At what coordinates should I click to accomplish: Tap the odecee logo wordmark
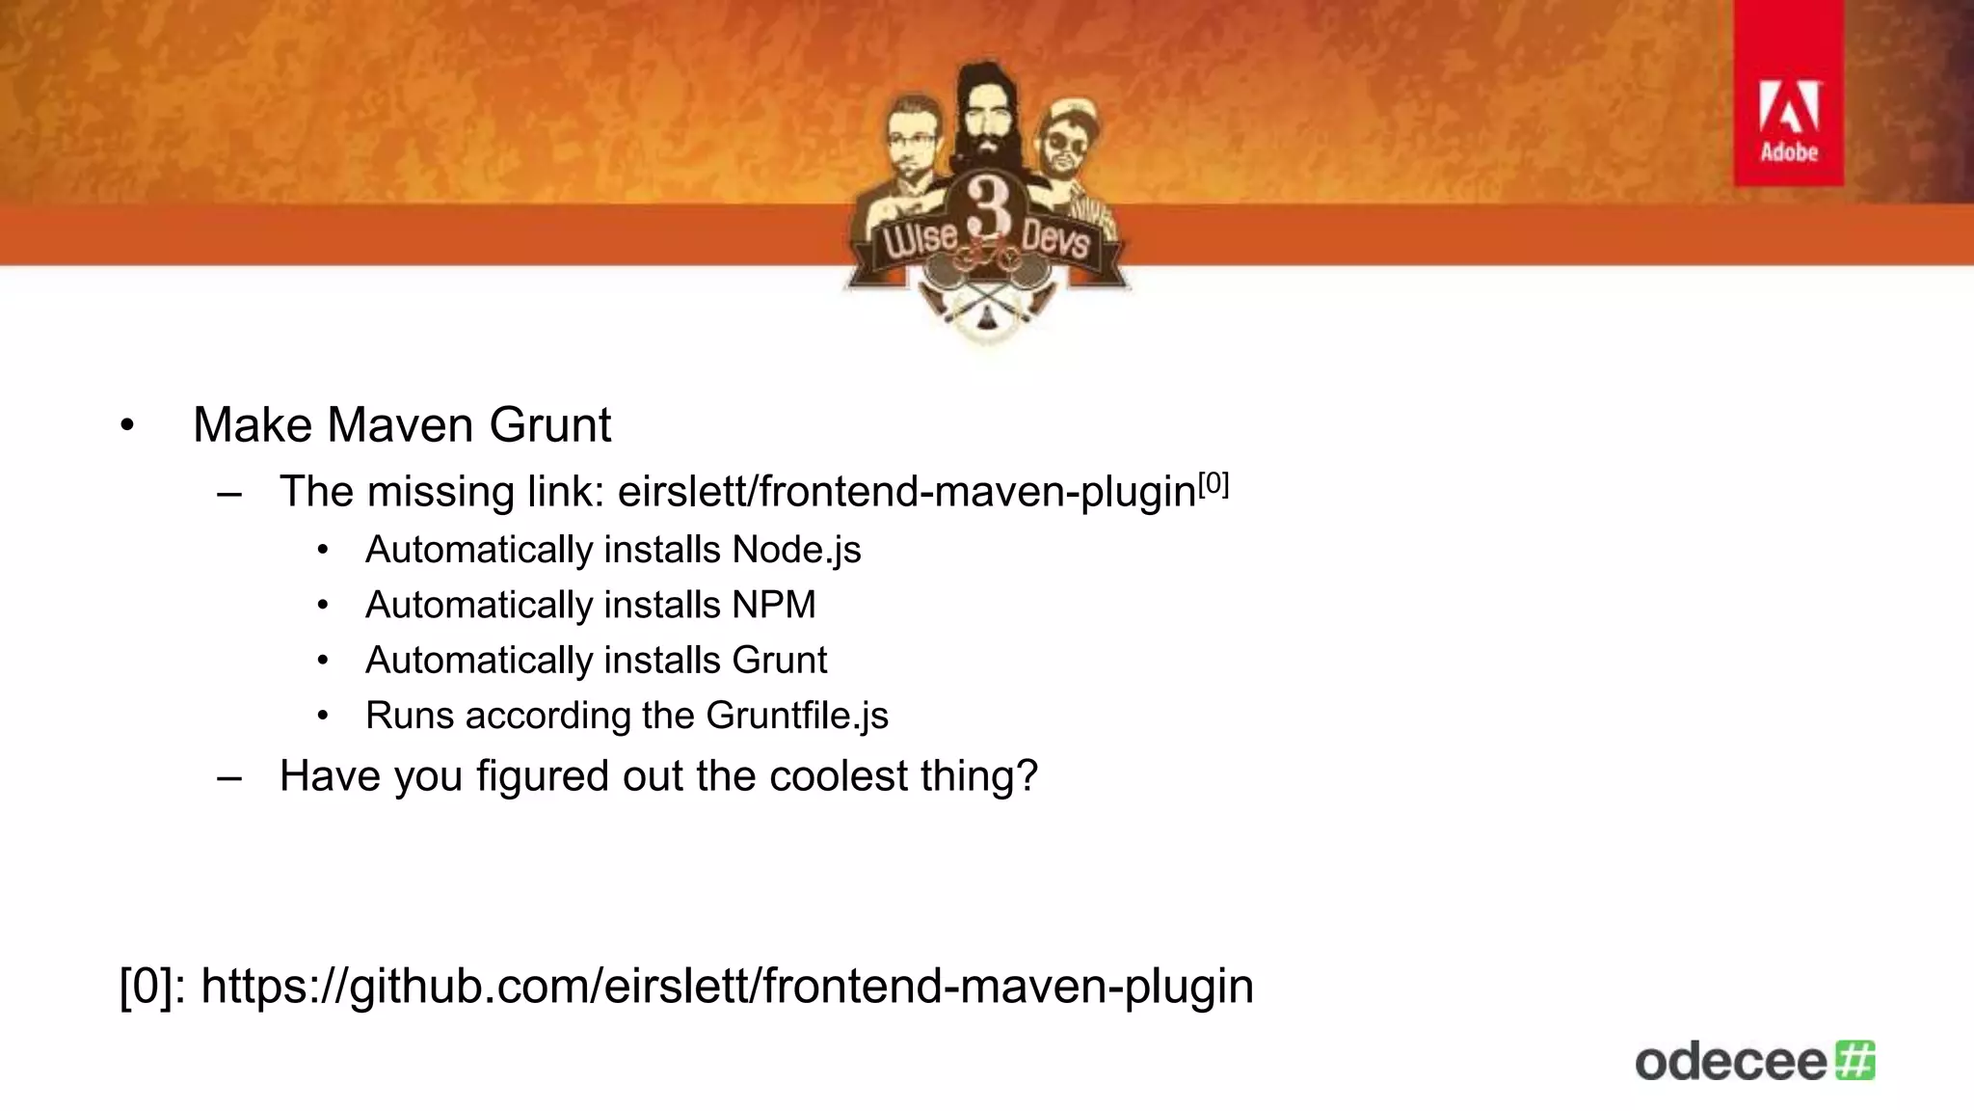point(1731,1062)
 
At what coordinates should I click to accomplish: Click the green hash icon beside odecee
point(1855,1060)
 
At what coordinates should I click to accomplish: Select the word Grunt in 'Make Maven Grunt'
point(550,425)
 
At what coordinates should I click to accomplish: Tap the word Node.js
point(796,550)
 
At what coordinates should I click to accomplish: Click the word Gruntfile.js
point(797,716)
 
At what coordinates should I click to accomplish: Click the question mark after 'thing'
point(1027,776)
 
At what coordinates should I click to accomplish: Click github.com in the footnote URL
point(469,987)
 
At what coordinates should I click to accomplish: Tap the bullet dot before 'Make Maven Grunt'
point(127,426)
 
